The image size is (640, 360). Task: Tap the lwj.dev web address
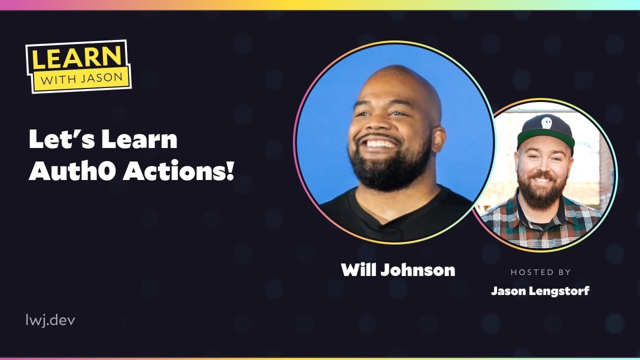click(50, 320)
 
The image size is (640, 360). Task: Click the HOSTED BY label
click(540, 272)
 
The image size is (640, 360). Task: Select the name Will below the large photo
click(358, 270)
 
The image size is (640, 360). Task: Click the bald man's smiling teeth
click(382, 143)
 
